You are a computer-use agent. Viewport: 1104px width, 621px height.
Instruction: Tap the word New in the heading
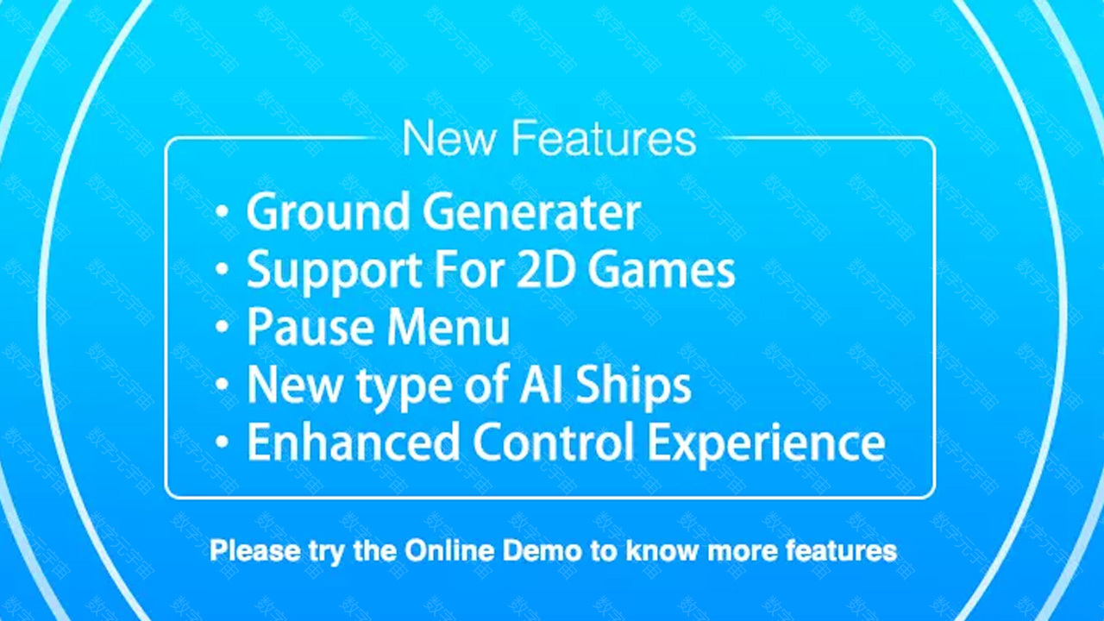(449, 138)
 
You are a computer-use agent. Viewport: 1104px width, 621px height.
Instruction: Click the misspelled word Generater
(532, 212)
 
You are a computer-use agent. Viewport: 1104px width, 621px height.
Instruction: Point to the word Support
(334, 271)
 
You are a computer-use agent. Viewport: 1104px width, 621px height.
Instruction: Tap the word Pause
(310, 326)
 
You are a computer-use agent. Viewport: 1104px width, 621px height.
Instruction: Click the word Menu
(448, 326)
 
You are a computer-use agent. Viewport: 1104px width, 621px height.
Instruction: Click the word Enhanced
(354, 442)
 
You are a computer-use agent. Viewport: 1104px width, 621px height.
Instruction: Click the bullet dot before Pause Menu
(223, 327)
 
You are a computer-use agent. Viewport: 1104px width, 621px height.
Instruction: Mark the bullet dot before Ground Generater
(223, 212)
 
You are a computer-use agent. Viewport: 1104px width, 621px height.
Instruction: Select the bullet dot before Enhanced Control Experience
(223, 442)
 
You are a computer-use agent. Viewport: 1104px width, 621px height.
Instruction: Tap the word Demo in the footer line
(543, 550)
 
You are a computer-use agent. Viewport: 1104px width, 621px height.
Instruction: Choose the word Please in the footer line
(254, 550)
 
